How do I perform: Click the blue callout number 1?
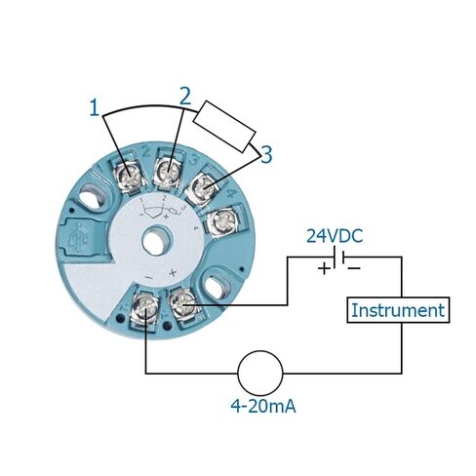(94, 108)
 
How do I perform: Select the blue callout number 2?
(185, 97)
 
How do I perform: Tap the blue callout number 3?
(266, 155)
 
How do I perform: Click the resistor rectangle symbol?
(224, 126)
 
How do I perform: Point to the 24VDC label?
(335, 236)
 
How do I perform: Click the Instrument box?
(398, 310)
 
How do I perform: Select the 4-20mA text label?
(263, 406)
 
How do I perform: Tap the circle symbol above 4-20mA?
(260, 374)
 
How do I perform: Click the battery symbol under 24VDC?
(338, 258)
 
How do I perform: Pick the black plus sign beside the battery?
(324, 269)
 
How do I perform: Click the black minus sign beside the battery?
(354, 268)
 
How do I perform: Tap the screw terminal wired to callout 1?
(130, 178)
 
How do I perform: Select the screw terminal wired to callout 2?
(169, 171)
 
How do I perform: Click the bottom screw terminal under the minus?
(145, 306)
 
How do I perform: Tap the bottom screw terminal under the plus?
(182, 303)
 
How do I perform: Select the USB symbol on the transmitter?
(80, 238)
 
